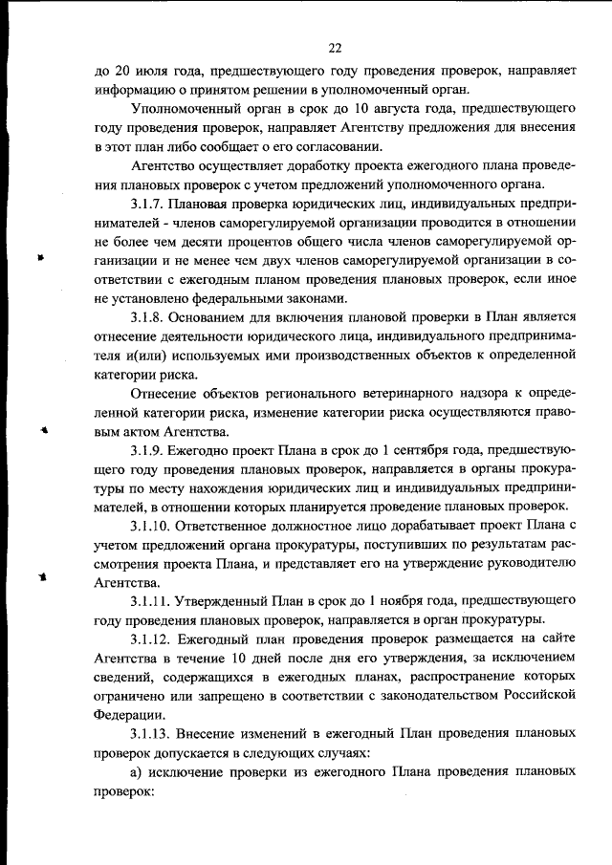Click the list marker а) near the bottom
click(138, 770)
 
